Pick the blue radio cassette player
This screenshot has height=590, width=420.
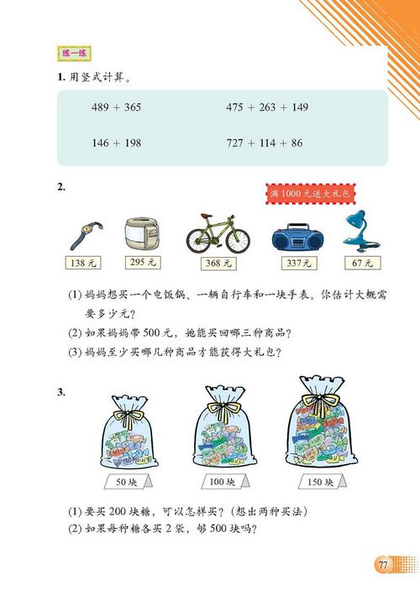coord(297,237)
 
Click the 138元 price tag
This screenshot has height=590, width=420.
coord(81,264)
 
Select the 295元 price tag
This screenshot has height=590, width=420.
coord(144,263)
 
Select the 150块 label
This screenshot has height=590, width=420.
coord(318,483)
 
